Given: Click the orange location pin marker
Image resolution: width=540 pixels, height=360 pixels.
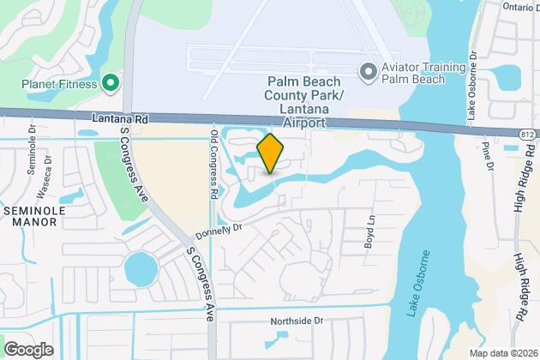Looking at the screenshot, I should pos(270,153).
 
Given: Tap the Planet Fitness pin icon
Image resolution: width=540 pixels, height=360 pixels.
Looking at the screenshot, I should pos(110,83).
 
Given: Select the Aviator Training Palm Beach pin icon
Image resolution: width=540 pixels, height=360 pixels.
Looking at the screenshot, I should pos(369,71).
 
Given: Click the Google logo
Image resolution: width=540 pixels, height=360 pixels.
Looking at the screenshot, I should pos(28,349).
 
